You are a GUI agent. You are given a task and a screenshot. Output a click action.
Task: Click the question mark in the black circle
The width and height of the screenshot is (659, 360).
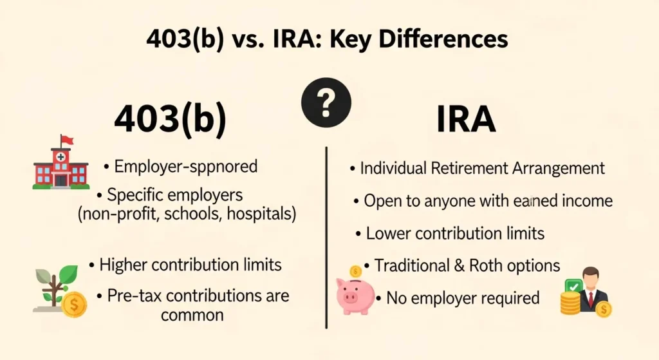[x=326, y=102]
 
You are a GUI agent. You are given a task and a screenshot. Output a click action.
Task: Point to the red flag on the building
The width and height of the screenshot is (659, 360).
[x=67, y=140]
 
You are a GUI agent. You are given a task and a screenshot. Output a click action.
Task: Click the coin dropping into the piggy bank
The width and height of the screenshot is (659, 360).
[x=355, y=271]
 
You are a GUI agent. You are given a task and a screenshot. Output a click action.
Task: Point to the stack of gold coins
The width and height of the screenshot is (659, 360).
[x=570, y=303]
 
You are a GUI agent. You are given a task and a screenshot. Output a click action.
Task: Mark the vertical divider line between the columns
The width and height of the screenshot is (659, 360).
[x=327, y=238]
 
